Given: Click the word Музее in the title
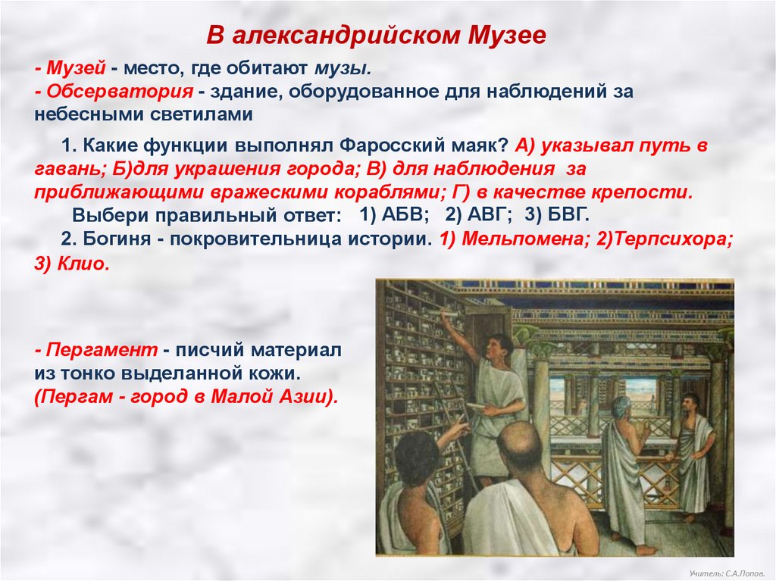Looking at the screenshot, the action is pos(506,35).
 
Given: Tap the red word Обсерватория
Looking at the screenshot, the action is pos(119,91).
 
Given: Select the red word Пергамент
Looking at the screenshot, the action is pos(102,351).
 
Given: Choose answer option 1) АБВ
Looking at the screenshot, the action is pos(394,215).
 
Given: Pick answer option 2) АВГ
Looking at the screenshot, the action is pos(477,215).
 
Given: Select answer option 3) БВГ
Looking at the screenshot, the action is pos(557,215).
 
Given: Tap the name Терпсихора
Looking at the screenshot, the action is pos(674,239).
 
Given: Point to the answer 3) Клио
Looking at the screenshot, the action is pos(71,264).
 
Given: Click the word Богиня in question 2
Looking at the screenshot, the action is pos(116,239).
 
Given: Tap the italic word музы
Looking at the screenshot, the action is pos(343,68).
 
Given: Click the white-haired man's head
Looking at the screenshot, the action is pos(619,408).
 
